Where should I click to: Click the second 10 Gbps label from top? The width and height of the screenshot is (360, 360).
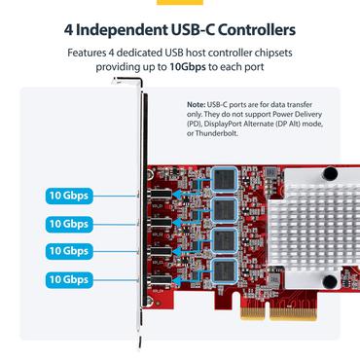[x=69, y=224]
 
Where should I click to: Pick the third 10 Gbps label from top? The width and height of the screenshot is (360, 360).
[x=69, y=251]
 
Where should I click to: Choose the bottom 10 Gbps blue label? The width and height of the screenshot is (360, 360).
[x=69, y=279]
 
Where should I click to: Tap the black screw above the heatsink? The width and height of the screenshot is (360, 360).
[x=330, y=175]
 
